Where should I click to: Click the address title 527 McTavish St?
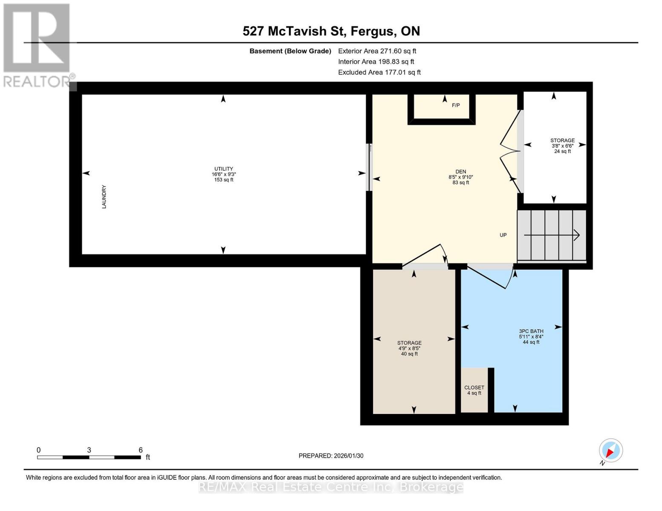pos(331,31)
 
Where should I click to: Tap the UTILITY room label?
pos(224,174)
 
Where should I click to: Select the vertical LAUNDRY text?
pos(104,197)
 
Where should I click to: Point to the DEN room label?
pos(461,177)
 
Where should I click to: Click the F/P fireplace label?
pos(456,105)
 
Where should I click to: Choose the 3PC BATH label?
pos(531,336)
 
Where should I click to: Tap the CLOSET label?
pos(474,390)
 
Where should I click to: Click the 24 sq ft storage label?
pos(562,146)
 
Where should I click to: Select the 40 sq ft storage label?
pos(409,348)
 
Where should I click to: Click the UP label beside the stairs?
pos(503,235)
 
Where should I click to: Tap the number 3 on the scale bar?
pos(89,450)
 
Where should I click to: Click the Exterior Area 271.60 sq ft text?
pos(377,51)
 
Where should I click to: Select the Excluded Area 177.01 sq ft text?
pos(379,72)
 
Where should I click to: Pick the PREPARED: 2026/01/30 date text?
pos(331,456)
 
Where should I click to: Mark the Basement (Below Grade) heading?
pos(290,51)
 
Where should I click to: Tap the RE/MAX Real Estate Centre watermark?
pos(331,487)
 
